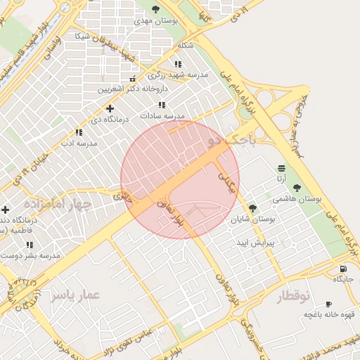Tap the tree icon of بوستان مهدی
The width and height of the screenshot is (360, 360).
coord(156,9)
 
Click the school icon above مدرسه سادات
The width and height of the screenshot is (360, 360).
coord(162,105)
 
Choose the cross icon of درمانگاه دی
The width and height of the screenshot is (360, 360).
coord(110,108)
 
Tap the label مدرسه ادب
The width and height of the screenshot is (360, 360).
coord(78,143)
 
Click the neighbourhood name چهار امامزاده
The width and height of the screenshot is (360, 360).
coord(58,204)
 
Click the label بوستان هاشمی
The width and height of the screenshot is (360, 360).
coord(297,200)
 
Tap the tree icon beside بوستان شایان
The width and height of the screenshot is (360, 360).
coord(252,208)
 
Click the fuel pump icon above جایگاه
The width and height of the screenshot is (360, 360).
coord(342,269)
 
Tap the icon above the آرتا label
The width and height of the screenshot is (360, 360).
coord(281,168)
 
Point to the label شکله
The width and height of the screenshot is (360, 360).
coord(185,45)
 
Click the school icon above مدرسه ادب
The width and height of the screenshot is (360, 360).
coord(78,132)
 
